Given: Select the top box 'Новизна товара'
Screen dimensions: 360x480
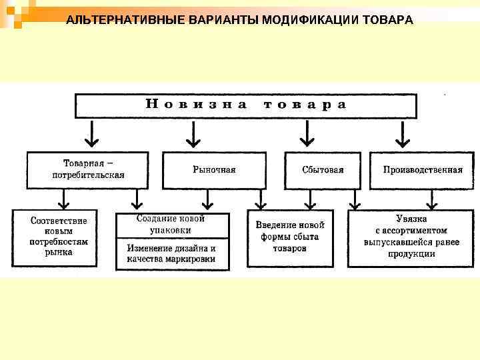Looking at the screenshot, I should tap(245, 105).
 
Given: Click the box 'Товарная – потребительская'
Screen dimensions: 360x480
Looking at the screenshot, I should tap(88, 169).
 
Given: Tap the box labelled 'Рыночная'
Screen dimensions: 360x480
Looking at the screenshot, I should tap(214, 169).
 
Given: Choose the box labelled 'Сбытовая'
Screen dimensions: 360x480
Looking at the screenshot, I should tap(323, 169).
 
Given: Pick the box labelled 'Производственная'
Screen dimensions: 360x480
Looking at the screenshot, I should tap(422, 169).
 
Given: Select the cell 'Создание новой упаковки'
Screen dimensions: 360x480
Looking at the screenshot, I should tap(171, 225).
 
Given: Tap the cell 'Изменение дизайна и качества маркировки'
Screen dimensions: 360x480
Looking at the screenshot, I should tap(171, 253).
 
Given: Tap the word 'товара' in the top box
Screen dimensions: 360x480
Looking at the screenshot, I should tap(305, 105).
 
